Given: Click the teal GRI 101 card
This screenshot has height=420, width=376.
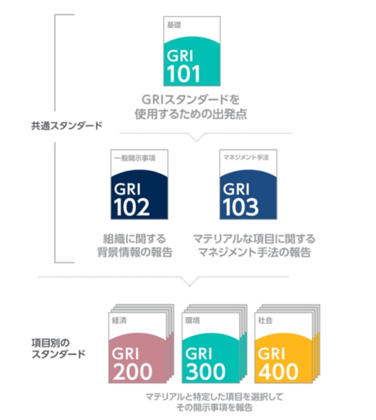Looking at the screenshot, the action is tap(192, 51).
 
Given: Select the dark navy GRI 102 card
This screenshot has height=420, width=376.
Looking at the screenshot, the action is tap(139, 185).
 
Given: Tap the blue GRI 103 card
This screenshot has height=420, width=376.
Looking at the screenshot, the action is tap(248, 185).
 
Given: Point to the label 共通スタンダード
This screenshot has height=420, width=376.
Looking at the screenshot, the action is tap(67, 125).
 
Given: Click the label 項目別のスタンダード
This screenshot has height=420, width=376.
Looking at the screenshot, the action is tap(58, 348).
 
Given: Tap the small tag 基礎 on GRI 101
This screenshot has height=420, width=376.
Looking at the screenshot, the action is tap(174, 25).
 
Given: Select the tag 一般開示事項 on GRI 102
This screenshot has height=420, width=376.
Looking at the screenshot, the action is tap(134, 158).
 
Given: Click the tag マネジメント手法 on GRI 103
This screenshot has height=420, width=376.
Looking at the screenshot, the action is tap(246, 157).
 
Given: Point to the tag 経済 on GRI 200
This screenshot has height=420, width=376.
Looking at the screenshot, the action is tap(119, 320).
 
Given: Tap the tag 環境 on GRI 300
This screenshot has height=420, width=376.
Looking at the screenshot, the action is tap(193, 320).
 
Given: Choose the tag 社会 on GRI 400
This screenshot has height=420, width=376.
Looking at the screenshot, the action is tap(265, 320).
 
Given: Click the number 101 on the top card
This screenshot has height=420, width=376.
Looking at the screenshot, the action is tap(183, 73).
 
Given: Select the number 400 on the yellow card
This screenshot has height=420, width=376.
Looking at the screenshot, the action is tap(278, 371).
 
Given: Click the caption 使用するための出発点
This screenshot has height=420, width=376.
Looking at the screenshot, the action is tap(190, 114).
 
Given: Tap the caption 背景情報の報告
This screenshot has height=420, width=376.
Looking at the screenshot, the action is tap(135, 252).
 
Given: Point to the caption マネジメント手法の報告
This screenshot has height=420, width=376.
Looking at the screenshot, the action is tap(254, 252).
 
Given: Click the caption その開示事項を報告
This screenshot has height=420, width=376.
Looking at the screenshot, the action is tap(214, 407).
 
